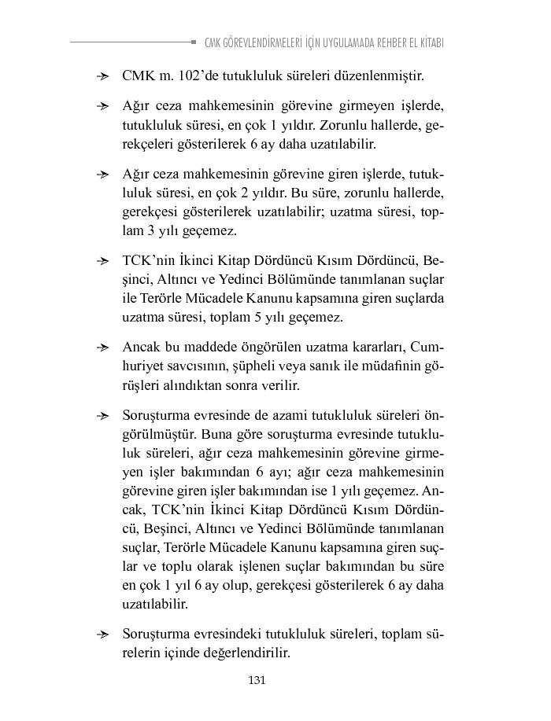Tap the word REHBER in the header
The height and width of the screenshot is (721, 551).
pos(381,42)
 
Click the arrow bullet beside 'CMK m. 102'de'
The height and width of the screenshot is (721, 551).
pos(102,77)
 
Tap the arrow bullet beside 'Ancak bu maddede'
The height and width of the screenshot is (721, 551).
pos(102,348)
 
